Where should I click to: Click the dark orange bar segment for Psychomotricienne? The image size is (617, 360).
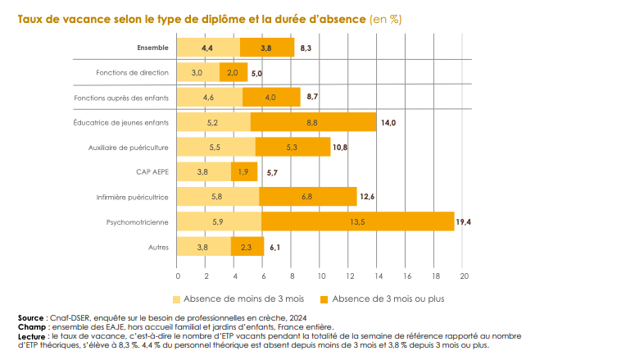coord(358,221)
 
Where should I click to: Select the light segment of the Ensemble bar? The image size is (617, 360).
coord(208,48)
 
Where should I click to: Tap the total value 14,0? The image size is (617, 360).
coord(388,122)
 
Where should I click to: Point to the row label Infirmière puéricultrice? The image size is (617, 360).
coord(133,197)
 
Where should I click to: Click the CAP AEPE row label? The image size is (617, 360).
coord(152,172)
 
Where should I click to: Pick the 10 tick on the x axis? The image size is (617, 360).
coord(320,276)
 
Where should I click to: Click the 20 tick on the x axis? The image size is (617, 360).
coord(463,276)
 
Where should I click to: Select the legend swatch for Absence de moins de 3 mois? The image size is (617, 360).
coord(177,298)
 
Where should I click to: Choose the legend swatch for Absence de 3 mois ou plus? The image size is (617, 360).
coord(324,298)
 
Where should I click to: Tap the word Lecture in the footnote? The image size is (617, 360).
coord(32,335)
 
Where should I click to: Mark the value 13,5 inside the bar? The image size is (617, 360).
coord(357,221)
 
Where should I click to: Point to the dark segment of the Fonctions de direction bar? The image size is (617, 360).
coord(234,72)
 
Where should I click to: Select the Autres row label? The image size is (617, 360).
coord(159,247)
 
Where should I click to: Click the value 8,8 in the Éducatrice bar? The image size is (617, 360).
coord(312,122)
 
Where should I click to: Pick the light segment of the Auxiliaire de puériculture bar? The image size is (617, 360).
coord(216,147)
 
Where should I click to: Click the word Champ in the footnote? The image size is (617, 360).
coord(29,326)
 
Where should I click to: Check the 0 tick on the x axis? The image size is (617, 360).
coord(178,276)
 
